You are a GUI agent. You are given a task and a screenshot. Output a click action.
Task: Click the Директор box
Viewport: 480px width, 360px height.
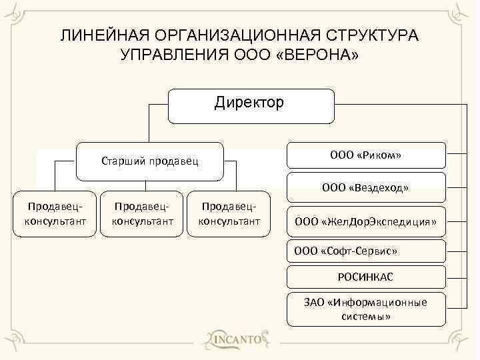pos(250,106)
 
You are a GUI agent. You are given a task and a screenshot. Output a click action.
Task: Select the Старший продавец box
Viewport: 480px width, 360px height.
pos(150,161)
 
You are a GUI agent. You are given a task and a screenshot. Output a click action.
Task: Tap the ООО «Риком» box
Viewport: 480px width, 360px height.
pos(365,156)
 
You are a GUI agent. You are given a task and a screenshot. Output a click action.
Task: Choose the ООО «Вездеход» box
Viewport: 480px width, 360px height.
pos(365,189)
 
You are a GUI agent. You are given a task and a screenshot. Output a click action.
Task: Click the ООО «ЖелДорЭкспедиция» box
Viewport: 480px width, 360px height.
pos(365,222)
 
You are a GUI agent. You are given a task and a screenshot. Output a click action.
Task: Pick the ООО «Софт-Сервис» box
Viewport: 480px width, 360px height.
pos(365,251)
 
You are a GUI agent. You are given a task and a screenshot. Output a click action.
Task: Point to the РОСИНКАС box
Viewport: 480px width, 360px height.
pos(365,277)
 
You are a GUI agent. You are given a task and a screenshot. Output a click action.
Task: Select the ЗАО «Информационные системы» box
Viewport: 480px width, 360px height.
pos(365,309)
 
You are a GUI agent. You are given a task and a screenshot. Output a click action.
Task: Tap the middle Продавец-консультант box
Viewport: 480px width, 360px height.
pos(143,214)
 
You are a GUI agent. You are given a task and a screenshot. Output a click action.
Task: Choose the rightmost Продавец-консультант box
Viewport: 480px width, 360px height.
pos(230,214)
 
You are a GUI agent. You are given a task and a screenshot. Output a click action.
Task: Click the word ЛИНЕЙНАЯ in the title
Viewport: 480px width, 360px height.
pos(104,35)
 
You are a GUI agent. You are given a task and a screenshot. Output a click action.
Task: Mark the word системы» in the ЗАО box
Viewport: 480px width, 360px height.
pos(365,317)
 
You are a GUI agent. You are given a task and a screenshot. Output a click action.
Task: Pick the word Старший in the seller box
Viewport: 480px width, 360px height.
pos(122,161)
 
